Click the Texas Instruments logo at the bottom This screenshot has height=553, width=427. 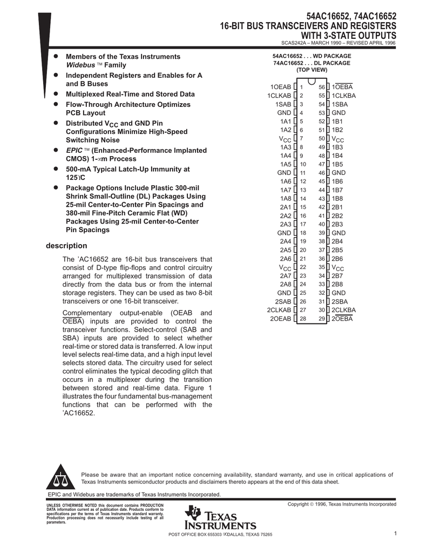pos(219,519)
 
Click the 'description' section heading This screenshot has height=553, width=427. pos(66,246)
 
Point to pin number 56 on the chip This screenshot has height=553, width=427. pos(322,87)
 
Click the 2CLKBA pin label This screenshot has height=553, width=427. pos(344,310)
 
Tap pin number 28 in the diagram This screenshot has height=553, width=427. pos(303,319)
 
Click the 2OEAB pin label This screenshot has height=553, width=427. pos(281,319)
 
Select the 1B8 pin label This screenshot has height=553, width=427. pos(337,199)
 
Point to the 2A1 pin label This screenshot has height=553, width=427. pos(285,207)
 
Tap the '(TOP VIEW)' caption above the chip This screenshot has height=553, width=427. pos(311,70)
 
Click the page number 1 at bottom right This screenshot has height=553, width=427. pos(395,534)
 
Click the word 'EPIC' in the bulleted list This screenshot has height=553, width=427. pos(74,150)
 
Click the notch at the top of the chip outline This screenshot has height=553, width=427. pos(312,82)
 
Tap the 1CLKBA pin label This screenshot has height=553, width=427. pos(344,96)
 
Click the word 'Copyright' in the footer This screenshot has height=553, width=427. pos(301,504)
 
